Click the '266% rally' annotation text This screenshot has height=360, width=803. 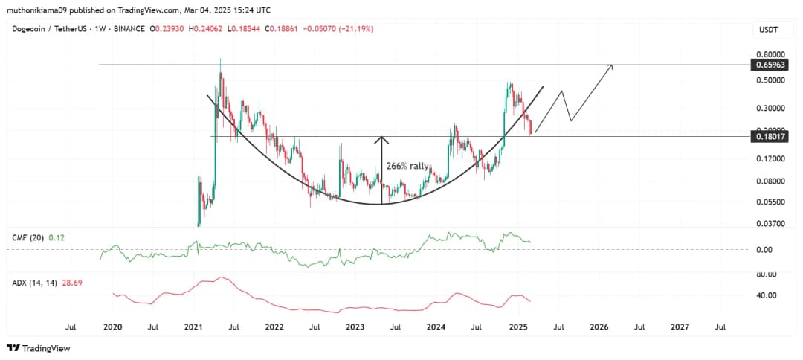406,167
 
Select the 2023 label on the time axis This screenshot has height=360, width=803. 355,326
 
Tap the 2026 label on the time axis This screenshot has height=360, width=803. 599,326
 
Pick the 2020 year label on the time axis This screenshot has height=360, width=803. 112,326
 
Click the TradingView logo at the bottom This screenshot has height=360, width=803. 35,348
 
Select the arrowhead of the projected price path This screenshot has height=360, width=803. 611,67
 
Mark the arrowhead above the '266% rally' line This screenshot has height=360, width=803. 381,138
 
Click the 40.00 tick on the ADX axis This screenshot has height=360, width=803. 766,295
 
